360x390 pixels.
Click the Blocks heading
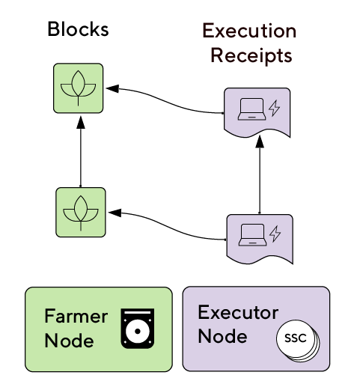(78, 29)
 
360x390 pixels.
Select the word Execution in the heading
(249, 31)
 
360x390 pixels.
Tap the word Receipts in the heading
(251, 55)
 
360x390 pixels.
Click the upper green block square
(78, 88)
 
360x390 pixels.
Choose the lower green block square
(81, 213)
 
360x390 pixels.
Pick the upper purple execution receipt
(257, 112)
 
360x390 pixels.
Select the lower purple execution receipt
(260, 239)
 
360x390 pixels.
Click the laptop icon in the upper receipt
(251, 109)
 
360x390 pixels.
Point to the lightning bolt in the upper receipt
(274, 108)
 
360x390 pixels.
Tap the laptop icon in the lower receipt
(252, 235)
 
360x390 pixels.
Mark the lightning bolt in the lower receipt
(275, 234)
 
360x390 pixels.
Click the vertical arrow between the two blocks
(81, 152)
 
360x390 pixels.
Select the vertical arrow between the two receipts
(260, 175)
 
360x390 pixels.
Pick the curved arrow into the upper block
(165, 100)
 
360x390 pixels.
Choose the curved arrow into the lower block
(167, 226)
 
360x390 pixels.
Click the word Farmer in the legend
(76, 316)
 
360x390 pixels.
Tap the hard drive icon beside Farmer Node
(138, 329)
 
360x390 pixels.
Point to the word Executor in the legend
(238, 312)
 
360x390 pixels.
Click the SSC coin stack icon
(298, 341)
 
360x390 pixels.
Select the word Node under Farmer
(69, 341)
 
